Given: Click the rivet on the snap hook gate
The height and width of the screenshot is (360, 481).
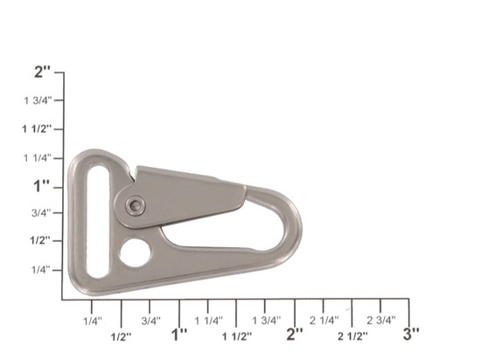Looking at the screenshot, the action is click(136, 205).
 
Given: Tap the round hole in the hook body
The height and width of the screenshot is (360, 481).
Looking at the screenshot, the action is click(136, 253).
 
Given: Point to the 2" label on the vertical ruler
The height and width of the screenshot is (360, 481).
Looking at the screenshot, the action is click(43, 73).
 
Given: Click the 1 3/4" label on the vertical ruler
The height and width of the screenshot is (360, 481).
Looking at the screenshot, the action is click(38, 100).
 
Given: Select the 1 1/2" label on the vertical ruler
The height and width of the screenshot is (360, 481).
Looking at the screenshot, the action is click(37, 129).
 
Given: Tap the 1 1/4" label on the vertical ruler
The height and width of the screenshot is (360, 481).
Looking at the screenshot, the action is click(38, 158).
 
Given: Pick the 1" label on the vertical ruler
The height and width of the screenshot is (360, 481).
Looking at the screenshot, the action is click(42, 186).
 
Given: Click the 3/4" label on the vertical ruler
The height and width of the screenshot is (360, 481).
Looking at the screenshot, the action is click(42, 212).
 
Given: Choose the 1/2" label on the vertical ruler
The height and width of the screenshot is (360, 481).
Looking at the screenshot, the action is click(40, 240).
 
